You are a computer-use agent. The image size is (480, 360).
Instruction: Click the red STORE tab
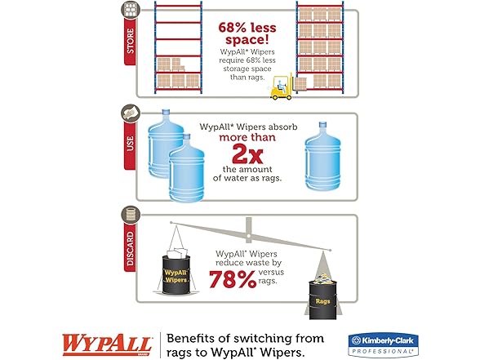130,41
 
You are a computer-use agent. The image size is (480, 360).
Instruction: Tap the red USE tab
130,144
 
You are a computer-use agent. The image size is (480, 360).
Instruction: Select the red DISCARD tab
130,247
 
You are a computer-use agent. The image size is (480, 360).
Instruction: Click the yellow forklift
281,87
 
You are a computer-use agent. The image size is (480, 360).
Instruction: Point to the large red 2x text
247,154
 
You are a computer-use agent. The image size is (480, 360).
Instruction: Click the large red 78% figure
233,279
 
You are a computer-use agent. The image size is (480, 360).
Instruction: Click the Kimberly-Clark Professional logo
384,345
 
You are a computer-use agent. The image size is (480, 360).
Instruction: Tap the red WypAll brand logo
108,345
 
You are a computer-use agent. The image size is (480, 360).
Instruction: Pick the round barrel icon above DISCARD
131,214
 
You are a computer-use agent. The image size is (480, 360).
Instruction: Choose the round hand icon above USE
131,113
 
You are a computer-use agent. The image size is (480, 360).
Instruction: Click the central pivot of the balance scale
248,236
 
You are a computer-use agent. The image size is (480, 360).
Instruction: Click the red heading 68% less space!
247,33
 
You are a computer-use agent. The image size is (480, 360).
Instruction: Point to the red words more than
247,137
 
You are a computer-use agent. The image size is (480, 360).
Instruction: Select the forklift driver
281,85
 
